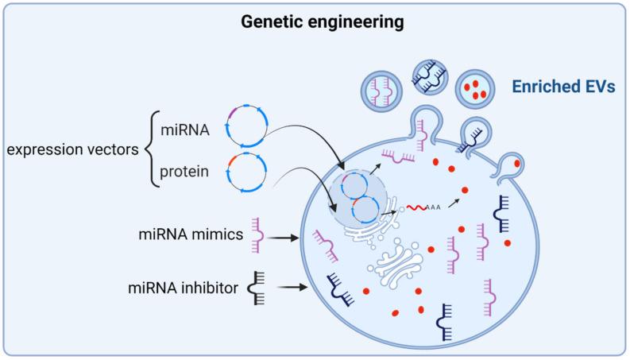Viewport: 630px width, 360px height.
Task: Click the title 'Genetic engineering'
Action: click(315, 21)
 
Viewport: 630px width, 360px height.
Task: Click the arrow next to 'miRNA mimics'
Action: click(284, 236)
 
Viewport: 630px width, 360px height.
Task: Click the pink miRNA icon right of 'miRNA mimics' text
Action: click(256, 234)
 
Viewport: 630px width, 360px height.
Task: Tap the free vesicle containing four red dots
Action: click(474, 89)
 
